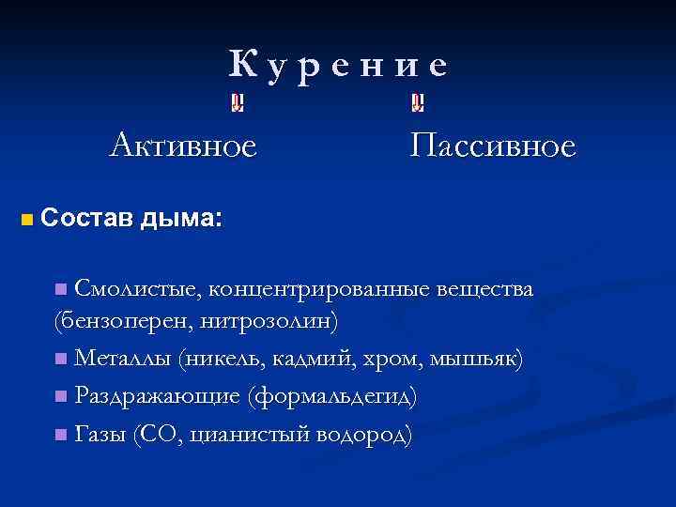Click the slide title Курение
(339, 65)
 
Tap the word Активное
(182, 146)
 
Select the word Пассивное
(493, 146)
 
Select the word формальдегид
(331, 396)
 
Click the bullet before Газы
(60, 434)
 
